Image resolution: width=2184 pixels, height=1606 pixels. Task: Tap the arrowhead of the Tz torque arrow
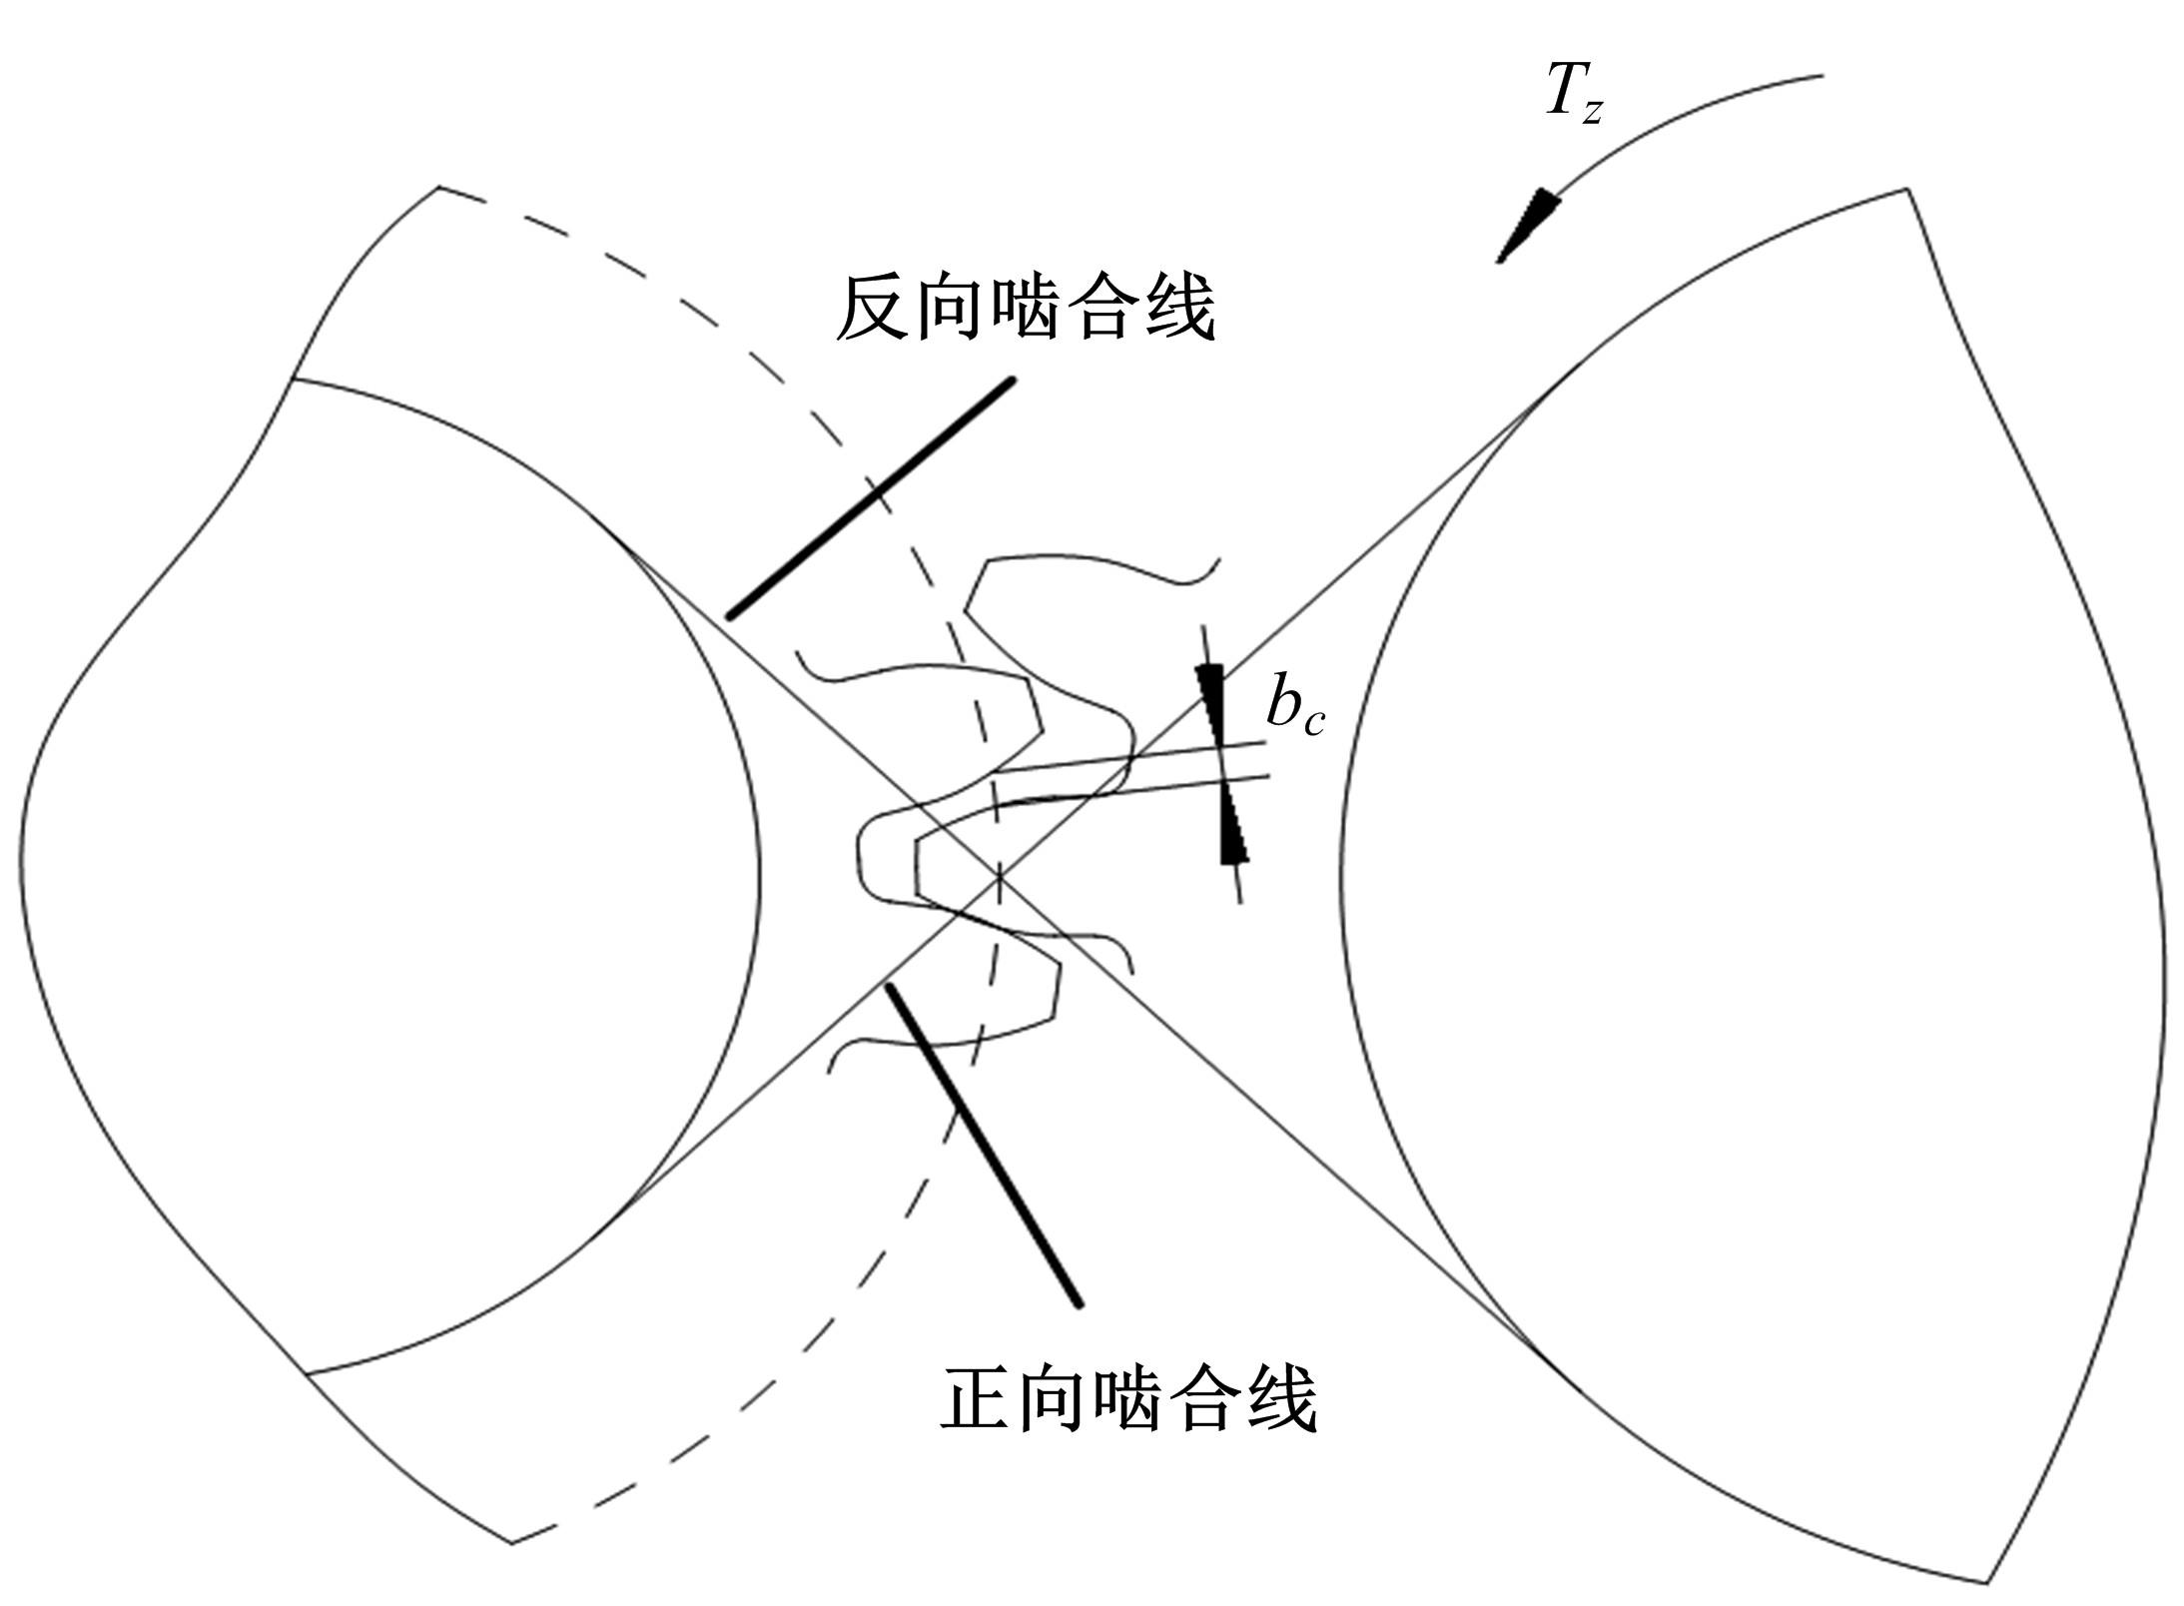click(1527, 226)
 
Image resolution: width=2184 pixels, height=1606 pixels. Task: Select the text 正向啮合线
click(1128, 1398)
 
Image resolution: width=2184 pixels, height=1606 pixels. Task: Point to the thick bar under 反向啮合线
click(870, 497)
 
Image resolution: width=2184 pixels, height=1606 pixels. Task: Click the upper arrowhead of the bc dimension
click(1211, 704)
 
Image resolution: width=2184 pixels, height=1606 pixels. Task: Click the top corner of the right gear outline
click(1908, 189)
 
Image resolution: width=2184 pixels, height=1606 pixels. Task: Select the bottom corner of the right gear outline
click(1984, 1584)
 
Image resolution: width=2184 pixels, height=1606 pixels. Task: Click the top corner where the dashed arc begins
click(439, 187)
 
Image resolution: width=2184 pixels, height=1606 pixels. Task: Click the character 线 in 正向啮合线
click(1282, 1398)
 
